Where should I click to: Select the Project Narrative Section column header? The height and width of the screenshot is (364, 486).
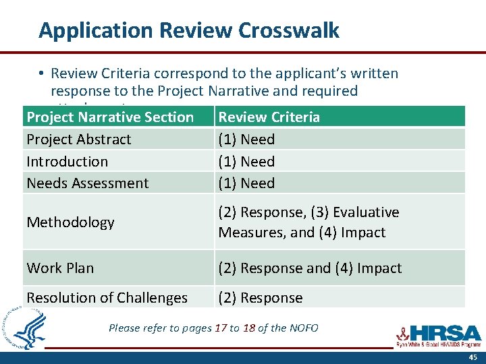click(110, 117)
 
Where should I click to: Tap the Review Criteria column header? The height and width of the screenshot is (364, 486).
click(269, 117)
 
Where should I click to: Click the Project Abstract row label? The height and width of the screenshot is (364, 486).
click(79, 140)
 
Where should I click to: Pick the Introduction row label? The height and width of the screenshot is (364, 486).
click(67, 162)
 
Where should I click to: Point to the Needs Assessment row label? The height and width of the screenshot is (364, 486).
click(88, 183)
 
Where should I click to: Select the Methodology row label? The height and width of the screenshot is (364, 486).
click(71, 222)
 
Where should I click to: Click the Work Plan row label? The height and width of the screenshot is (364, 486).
click(60, 268)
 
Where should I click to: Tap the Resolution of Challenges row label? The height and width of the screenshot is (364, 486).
click(107, 298)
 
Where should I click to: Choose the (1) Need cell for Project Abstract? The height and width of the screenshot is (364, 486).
click(246, 140)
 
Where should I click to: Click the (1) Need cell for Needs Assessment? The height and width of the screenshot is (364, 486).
click(246, 183)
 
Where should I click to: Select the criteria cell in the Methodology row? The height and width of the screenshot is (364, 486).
click(308, 222)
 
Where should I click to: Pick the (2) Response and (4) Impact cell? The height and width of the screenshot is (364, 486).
click(310, 268)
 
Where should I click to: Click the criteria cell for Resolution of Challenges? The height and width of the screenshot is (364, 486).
click(261, 298)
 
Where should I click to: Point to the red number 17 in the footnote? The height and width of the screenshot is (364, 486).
click(221, 328)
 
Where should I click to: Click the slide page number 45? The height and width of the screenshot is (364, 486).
click(473, 357)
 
